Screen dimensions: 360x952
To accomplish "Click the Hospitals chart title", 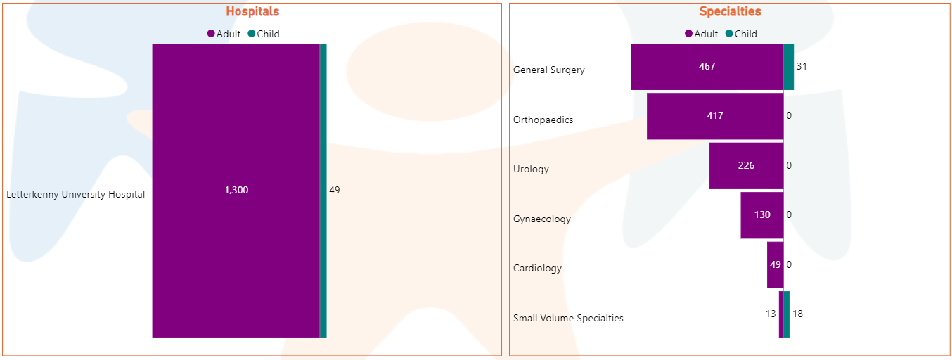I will click(x=252, y=11).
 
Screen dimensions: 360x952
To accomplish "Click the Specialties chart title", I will click(x=730, y=11).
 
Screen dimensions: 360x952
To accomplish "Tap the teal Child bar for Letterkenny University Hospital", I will click(x=323, y=191).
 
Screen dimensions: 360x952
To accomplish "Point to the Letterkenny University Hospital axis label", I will click(x=76, y=195).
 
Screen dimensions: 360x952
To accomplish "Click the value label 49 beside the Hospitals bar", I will click(x=335, y=190).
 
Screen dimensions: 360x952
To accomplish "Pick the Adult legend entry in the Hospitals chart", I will click(x=224, y=34).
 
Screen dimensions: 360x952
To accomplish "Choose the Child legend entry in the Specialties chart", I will click(x=741, y=34).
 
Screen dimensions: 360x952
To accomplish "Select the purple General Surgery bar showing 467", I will click(x=707, y=67).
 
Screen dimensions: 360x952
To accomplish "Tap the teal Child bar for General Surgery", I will click(x=789, y=67).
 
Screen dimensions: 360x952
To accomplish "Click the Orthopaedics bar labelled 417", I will click(x=714, y=116).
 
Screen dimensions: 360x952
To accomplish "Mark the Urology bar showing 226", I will click(x=746, y=166).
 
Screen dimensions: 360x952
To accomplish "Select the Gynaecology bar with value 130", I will click(x=761, y=215).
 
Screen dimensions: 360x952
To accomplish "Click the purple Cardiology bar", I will click(x=775, y=265).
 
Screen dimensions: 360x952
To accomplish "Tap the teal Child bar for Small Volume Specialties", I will click(x=787, y=314).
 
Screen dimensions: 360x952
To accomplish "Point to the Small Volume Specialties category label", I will click(x=568, y=318).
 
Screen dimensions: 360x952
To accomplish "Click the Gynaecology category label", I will click(x=542, y=219).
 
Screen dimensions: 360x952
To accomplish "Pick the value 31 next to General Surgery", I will click(x=802, y=66).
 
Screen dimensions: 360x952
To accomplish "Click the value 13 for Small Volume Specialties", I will click(x=771, y=314).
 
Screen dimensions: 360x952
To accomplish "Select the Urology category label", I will click(x=531, y=169).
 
